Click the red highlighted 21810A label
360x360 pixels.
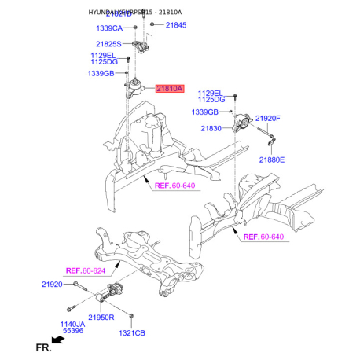(x=169, y=90)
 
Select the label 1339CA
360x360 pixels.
(x=109, y=28)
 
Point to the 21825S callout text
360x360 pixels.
(x=109, y=44)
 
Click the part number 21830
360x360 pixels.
(x=211, y=127)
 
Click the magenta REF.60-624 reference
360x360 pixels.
(x=85, y=270)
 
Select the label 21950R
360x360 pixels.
(x=101, y=317)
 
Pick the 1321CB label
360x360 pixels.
(x=131, y=333)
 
